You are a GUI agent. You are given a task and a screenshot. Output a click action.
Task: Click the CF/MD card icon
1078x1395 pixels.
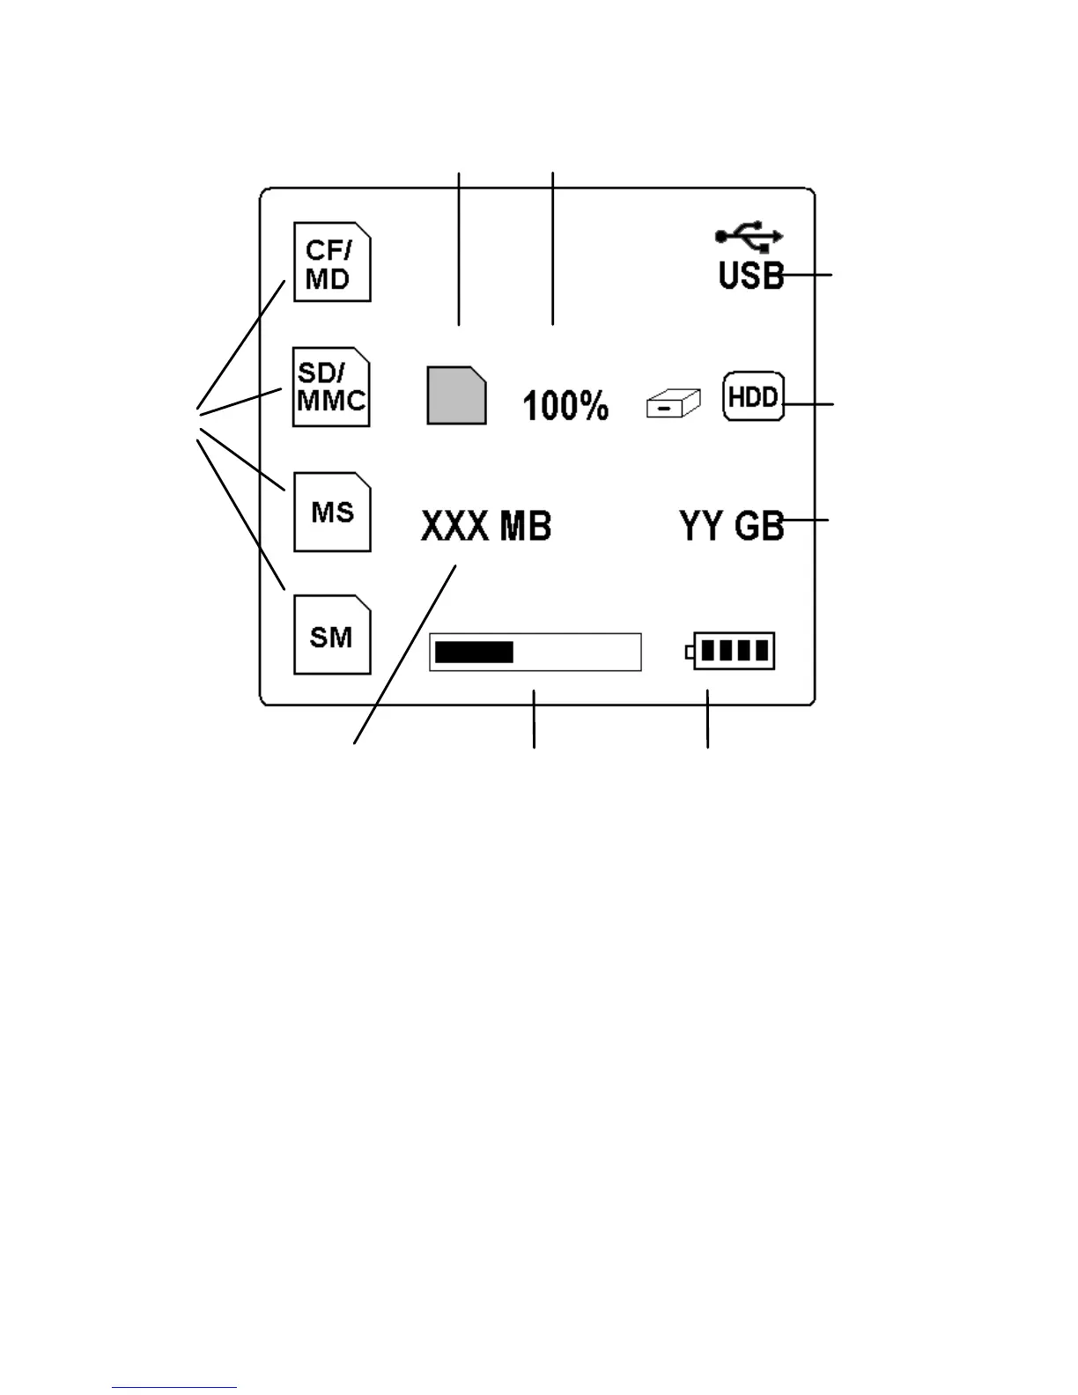point(332,262)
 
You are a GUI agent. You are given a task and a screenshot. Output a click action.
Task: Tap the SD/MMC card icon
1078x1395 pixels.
point(331,387)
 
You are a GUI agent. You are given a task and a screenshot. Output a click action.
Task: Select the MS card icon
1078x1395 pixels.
point(332,512)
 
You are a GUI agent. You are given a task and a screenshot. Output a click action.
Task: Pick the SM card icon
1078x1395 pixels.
point(332,635)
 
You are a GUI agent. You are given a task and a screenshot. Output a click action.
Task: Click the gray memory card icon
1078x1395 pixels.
point(456,395)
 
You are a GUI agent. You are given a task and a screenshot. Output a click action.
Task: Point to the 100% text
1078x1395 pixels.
point(565,405)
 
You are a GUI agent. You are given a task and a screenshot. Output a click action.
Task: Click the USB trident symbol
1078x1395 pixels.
point(749,236)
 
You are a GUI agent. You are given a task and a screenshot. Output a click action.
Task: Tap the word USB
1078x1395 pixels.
point(749,276)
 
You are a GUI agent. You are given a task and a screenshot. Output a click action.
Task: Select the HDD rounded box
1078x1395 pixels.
point(753,396)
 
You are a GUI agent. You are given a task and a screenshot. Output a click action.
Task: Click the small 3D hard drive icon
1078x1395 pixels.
point(673,404)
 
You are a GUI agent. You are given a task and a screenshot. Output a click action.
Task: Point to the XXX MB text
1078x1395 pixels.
point(486,526)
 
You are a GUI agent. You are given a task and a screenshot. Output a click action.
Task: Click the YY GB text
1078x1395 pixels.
point(731,526)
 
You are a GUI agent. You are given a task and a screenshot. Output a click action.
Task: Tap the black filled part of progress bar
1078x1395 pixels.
point(474,653)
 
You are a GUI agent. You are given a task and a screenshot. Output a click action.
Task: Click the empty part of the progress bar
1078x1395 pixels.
point(577,653)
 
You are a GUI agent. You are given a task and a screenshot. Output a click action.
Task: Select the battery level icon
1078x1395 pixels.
point(731,652)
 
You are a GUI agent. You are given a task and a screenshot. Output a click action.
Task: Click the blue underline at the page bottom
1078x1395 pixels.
point(174,1387)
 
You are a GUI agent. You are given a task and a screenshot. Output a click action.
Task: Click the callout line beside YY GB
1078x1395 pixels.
point(807,520)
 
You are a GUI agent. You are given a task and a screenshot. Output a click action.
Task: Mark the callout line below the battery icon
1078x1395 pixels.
point(707,720)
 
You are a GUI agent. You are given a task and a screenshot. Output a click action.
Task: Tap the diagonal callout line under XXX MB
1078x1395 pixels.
point(405,654)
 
